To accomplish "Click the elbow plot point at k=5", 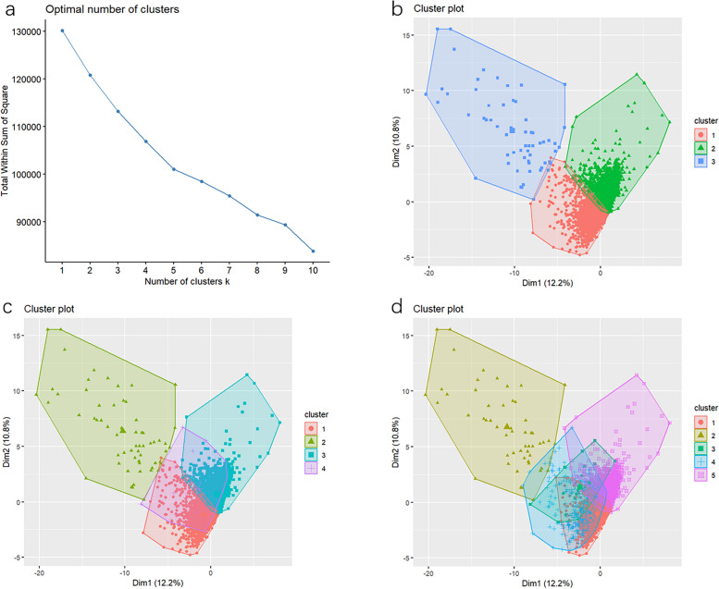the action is coord(174,169).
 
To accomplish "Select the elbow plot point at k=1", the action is coord(62,31).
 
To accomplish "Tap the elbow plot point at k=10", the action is coord(313,252).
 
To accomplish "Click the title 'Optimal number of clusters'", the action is coord(112,9).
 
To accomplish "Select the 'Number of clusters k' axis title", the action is coord(187,281).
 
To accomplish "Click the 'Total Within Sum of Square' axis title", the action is coord(5,141).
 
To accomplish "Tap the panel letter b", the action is coord(397,9).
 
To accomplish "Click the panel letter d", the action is coord(397,307).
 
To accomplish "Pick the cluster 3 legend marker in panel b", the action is coord(700,161).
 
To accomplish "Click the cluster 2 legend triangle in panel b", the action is coord(700,148).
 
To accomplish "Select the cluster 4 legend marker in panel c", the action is coord(311,469).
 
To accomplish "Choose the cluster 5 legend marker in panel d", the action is coord(700,476).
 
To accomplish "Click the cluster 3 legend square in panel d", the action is coord(700,448).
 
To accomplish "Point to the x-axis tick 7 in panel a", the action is coord(229,270).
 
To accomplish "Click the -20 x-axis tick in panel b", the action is coord(428,273).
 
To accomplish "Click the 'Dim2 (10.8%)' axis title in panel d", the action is coord(396,442).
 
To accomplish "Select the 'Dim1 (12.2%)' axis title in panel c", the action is coord(158,583).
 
